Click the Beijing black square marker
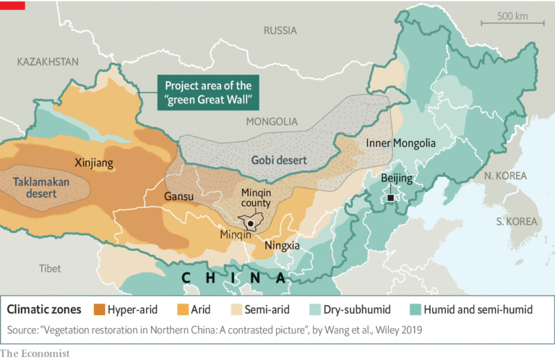point(391,197)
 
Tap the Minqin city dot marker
point(250,224)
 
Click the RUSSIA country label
point(280,30)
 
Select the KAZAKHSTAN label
point(48,62)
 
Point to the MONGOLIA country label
point(271,121)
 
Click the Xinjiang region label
point(94,163)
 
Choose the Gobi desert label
point(278,160)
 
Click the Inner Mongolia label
point(400,143)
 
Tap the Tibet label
point(50,268)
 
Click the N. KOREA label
point(505,176)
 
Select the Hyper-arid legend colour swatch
point(98,309)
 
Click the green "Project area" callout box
point(207,92)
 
